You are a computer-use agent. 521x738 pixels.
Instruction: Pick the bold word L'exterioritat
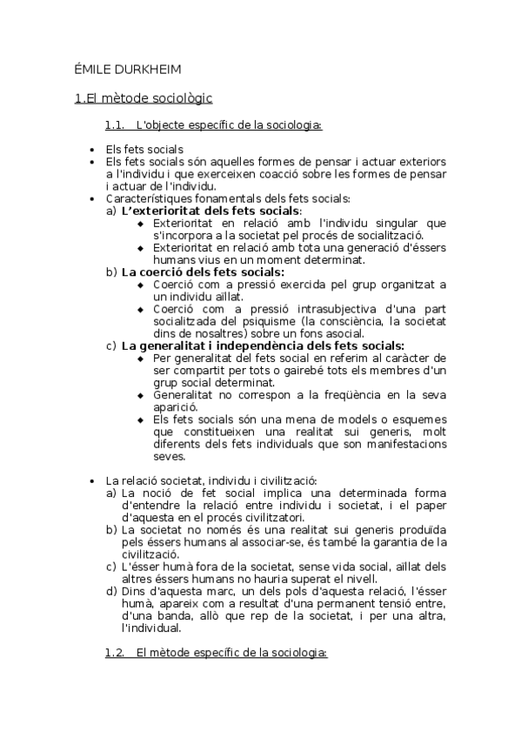coord(161,211)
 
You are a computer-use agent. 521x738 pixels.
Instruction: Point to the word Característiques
coord(149,198)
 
